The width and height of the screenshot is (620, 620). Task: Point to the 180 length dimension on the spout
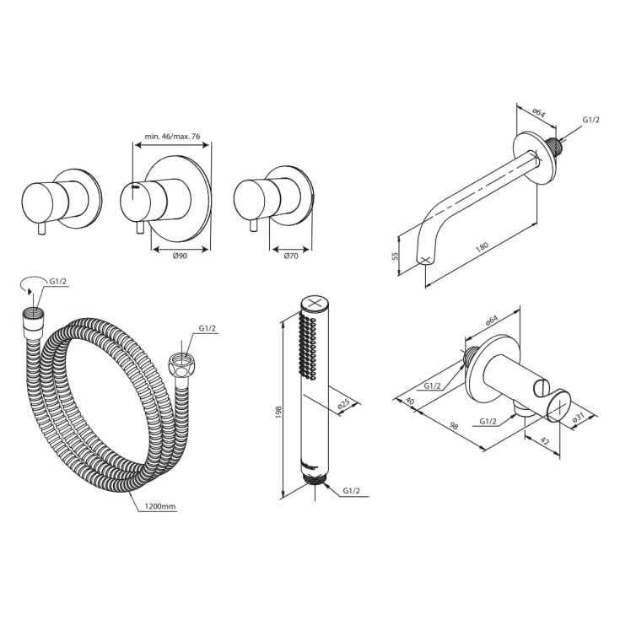[482, 248]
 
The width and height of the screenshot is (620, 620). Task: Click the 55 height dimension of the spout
[396, 256]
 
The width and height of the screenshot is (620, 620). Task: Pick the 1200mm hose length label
[160, 507]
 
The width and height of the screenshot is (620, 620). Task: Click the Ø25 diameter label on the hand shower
[344, 405]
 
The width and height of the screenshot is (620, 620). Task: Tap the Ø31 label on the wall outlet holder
[579, 417]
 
